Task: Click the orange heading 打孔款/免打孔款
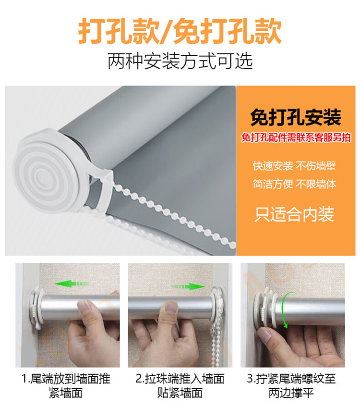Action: pyautogui.click(x=180, y=31)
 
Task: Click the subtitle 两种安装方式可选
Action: pyautogui.click(x=180, y=62)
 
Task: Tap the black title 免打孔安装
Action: pyautogui.click(x=296, y=118)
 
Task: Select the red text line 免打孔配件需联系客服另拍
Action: pyautogui.click(x=296, y=137)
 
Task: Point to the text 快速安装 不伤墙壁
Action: pyautogui.click(x=295, y=166)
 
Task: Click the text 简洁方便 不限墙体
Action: pyautogui.click(x=295, y=184)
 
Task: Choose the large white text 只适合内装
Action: pyautogui.click(x=294, y=214)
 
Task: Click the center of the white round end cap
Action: pyautogui.click(x=42, y=174)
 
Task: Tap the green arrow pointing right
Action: pyautogui.click(x=188, y=287)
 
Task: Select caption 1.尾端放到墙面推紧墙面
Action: pyautogui.click(x=66, y=385)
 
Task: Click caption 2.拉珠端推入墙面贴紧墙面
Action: pyautogui.click(x=180, y=385)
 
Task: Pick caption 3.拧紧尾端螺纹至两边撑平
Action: pyautogui.click(x=291, y=385)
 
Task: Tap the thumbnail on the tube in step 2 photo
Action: pyautogui.click(x=171, y=308)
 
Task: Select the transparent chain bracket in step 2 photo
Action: pyautogui.click(x=217, y=303)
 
